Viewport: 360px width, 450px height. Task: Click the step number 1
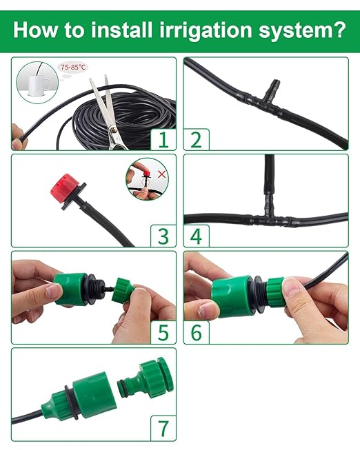163,140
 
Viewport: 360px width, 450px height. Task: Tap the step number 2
197,140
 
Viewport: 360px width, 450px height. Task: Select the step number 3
163,237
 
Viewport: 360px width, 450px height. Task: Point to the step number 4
197,237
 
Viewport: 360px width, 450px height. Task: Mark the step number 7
163,429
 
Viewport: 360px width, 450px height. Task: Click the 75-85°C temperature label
73,67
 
